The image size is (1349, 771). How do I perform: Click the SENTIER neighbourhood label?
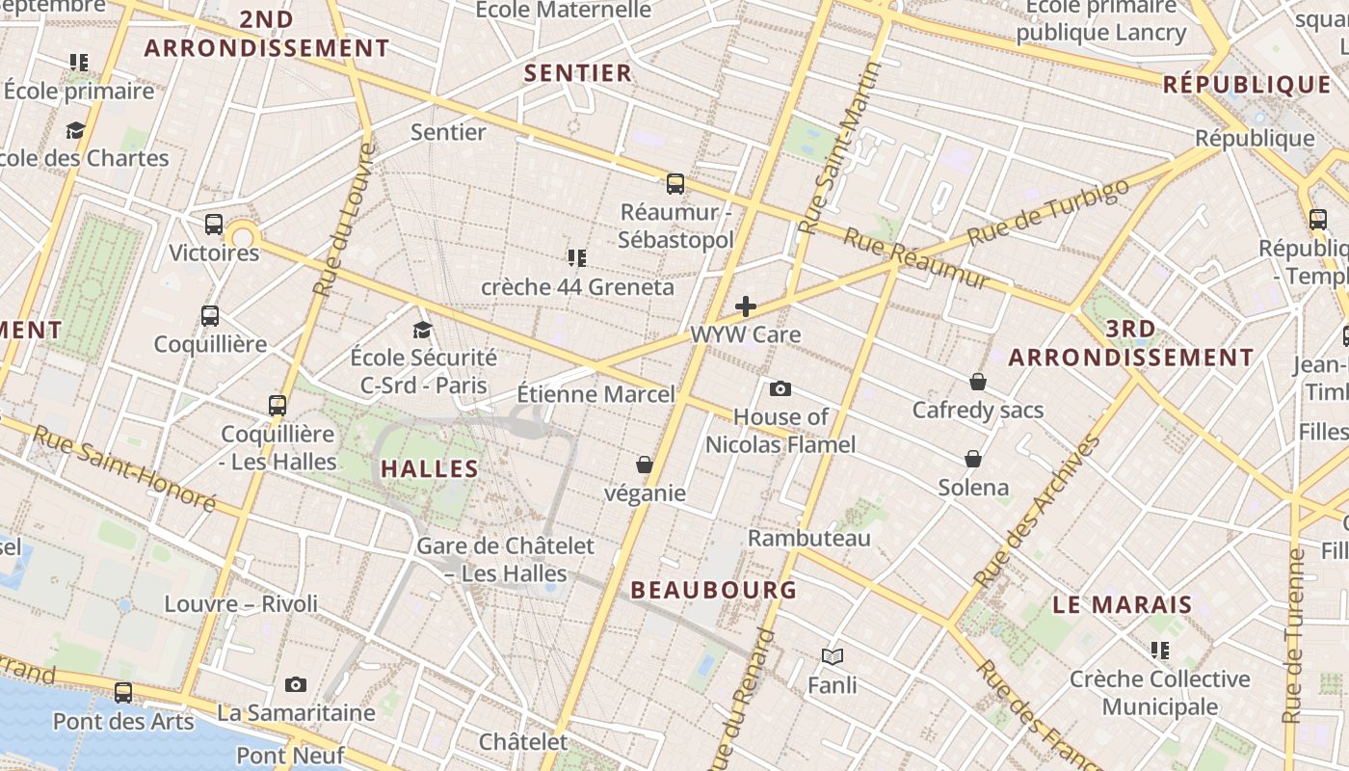[578, 72]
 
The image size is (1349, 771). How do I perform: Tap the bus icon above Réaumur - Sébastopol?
[675, 183]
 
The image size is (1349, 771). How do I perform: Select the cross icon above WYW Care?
[746, 306]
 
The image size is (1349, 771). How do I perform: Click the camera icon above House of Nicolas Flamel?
[780, 388]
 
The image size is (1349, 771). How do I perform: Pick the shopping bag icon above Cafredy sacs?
[978, 382]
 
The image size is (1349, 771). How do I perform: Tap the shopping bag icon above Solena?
[973, 458]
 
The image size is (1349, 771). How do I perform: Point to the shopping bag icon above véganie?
[645, 465]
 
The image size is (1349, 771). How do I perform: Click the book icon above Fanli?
[833, 656]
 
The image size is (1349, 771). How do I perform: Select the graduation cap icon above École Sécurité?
[422, 330]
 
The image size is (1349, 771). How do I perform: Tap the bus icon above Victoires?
[214, 225]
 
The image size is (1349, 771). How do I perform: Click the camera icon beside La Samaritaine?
[296, 684]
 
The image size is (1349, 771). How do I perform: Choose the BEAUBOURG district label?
[714, 590]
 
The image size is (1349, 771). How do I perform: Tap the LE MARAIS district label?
[1123, 605]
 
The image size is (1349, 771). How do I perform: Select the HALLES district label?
[430, 469]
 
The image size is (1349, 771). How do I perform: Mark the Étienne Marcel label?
[596, 394]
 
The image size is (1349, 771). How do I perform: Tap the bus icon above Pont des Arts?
[123, 692]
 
